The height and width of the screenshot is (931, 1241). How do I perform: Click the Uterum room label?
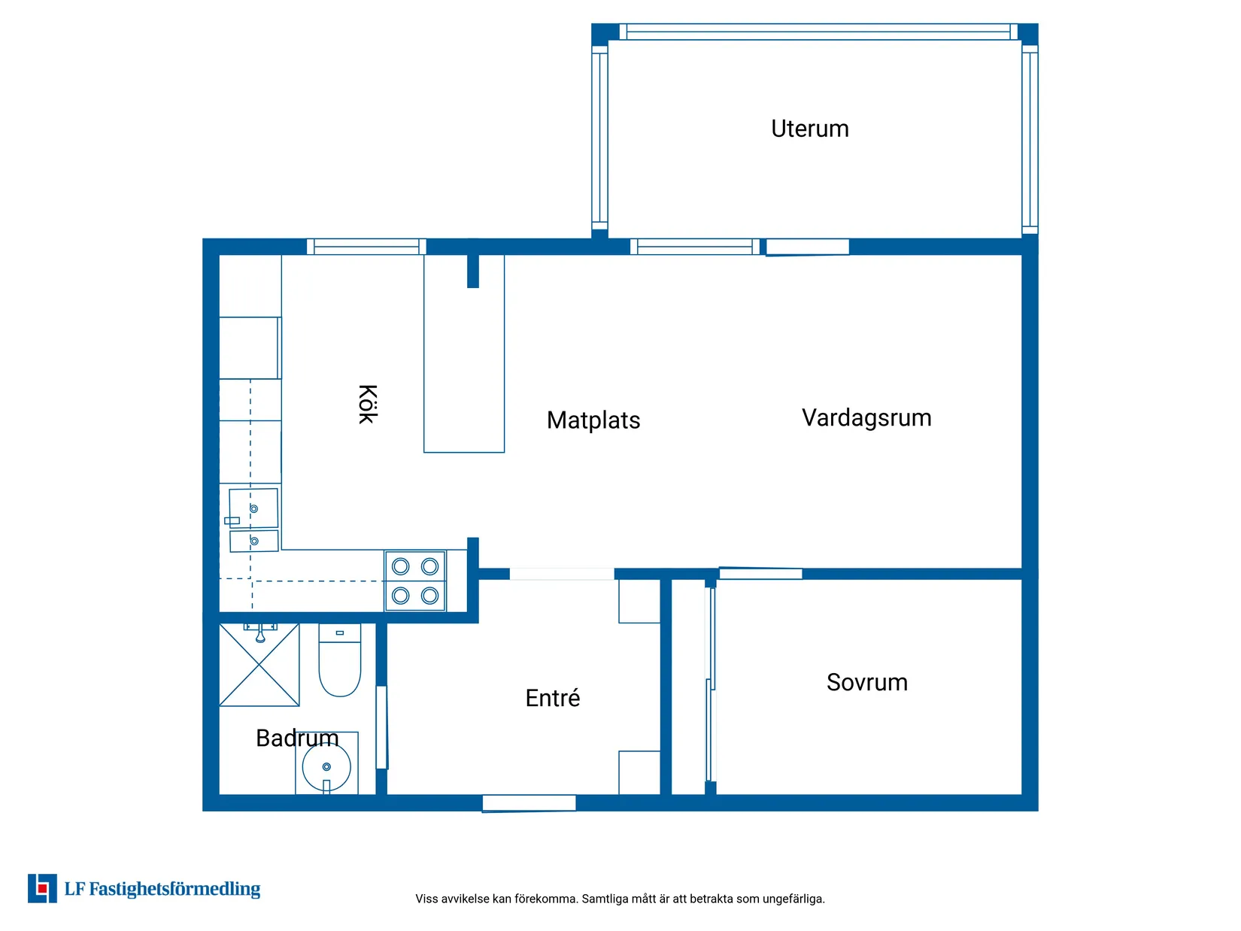pos(809,129)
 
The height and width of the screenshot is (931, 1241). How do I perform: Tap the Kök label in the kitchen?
pos(368,404)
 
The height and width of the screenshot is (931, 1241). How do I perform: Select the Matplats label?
pos(593,420)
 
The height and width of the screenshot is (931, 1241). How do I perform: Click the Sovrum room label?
pos(866,682)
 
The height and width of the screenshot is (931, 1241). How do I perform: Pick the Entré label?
pos(552,698)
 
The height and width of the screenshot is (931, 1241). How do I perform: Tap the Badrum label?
pos(297,738)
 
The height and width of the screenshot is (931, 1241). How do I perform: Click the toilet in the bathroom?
pos(339,660)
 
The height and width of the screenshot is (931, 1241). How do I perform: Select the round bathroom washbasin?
pos(326,767)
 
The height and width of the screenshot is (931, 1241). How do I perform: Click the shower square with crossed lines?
pos(259,665)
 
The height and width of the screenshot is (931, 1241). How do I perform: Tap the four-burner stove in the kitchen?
pos(415,581)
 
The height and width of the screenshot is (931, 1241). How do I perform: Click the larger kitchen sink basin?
pos(253,508)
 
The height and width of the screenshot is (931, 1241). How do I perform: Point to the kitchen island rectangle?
pos(463,353)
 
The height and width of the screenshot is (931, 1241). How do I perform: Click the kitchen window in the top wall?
pos(366,247)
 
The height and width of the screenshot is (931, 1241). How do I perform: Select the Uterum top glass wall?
pos(818,32)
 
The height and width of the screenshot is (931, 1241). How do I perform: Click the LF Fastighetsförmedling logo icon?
pos(42,888)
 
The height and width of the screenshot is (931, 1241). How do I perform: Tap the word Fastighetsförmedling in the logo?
pos(174,889)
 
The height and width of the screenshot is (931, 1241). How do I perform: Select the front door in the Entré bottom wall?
pos(529,803)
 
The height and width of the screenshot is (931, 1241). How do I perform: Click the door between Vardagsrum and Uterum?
pos(807,247)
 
